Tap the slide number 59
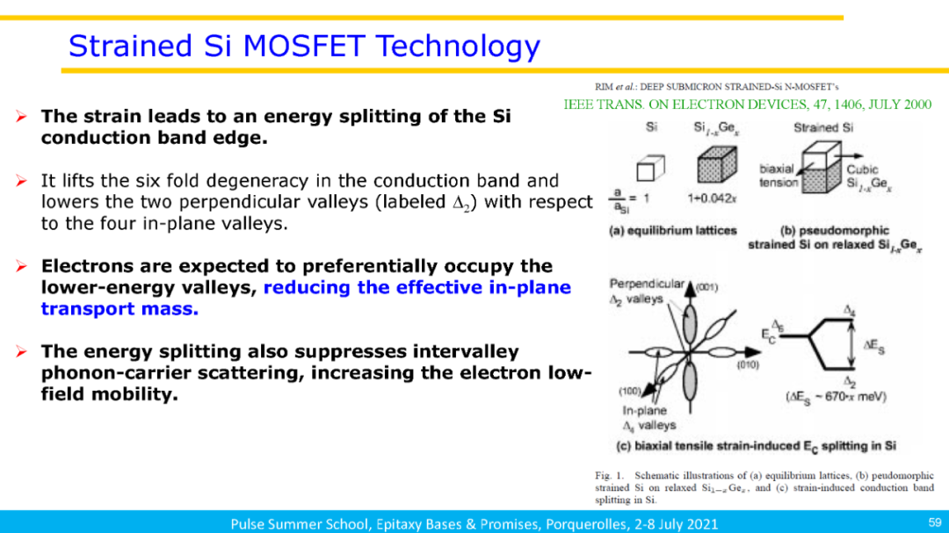click(935, 522)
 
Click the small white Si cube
click(650, 168)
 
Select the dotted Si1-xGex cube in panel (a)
click(717, 164)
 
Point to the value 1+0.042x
click(712, 198)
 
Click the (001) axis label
click(706, 287)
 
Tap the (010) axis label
click(748, 364)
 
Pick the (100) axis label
click(629, 392)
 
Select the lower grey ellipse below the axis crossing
click(690, 381)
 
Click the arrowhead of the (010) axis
click(753, 351)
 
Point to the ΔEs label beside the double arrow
click(874, 346)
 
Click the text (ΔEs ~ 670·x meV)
click(836, 397)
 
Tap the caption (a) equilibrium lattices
click(672, 231)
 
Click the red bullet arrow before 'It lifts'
click(22, 181)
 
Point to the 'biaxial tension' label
click(779, 176)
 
